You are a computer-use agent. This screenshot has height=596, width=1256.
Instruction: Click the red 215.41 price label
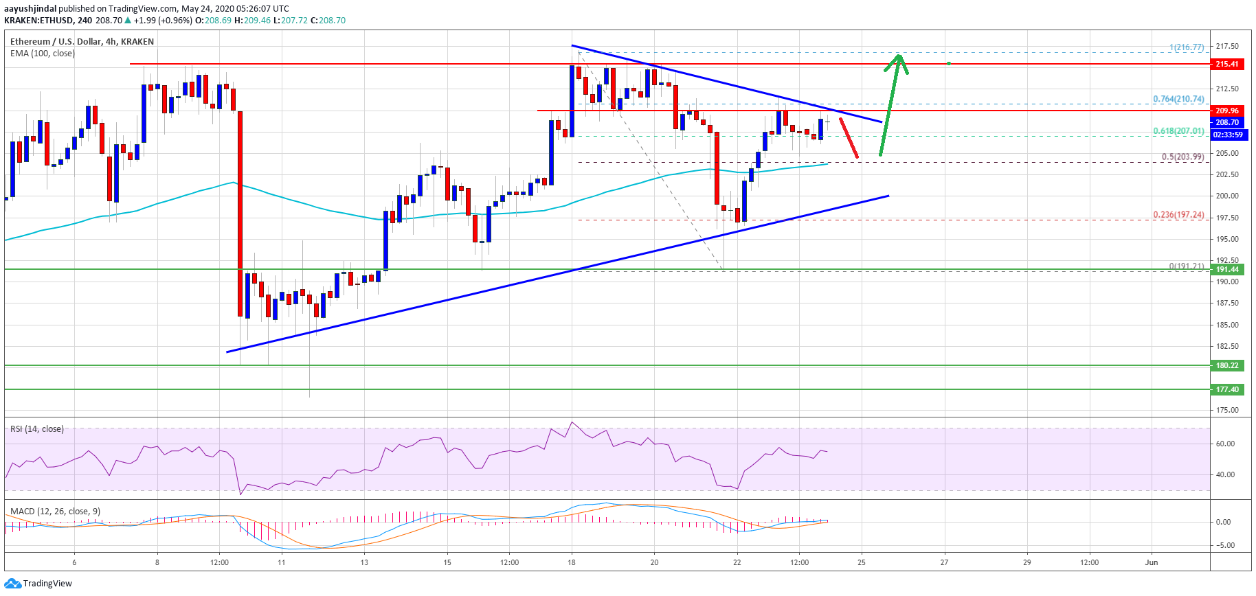click(x=1226, y=64)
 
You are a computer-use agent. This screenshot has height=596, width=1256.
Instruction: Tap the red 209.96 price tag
click(x=1226, y=111)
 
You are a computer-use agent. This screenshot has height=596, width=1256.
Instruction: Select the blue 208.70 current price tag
click(x=1226, y=122)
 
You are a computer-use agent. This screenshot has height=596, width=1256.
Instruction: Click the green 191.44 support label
click(x=1226, y=269)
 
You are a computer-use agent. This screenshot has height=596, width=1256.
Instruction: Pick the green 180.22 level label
click(x=1226, y=365)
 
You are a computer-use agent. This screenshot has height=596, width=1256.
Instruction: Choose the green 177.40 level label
click(x=1226, y=389)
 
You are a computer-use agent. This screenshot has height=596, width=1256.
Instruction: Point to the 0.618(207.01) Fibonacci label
click(x=1178, y=130)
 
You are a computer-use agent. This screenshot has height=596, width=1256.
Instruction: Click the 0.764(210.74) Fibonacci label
click(x=1178, y=99)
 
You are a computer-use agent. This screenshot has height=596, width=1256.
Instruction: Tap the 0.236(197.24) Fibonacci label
click(x=1178, y=215)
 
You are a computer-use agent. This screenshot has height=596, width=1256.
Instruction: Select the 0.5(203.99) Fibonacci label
click(x=1182, y=157)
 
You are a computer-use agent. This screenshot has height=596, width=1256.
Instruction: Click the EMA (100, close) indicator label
click(x=43, y=54)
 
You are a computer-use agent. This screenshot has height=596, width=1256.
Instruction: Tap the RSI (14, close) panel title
click(x=37, y=429)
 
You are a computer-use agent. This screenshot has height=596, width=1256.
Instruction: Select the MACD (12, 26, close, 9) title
click(x=55, y=512)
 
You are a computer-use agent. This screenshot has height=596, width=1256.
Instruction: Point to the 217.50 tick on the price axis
click(x=1227, y=46)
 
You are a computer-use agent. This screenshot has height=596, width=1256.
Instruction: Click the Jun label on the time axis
click(x=1152, y=562)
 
